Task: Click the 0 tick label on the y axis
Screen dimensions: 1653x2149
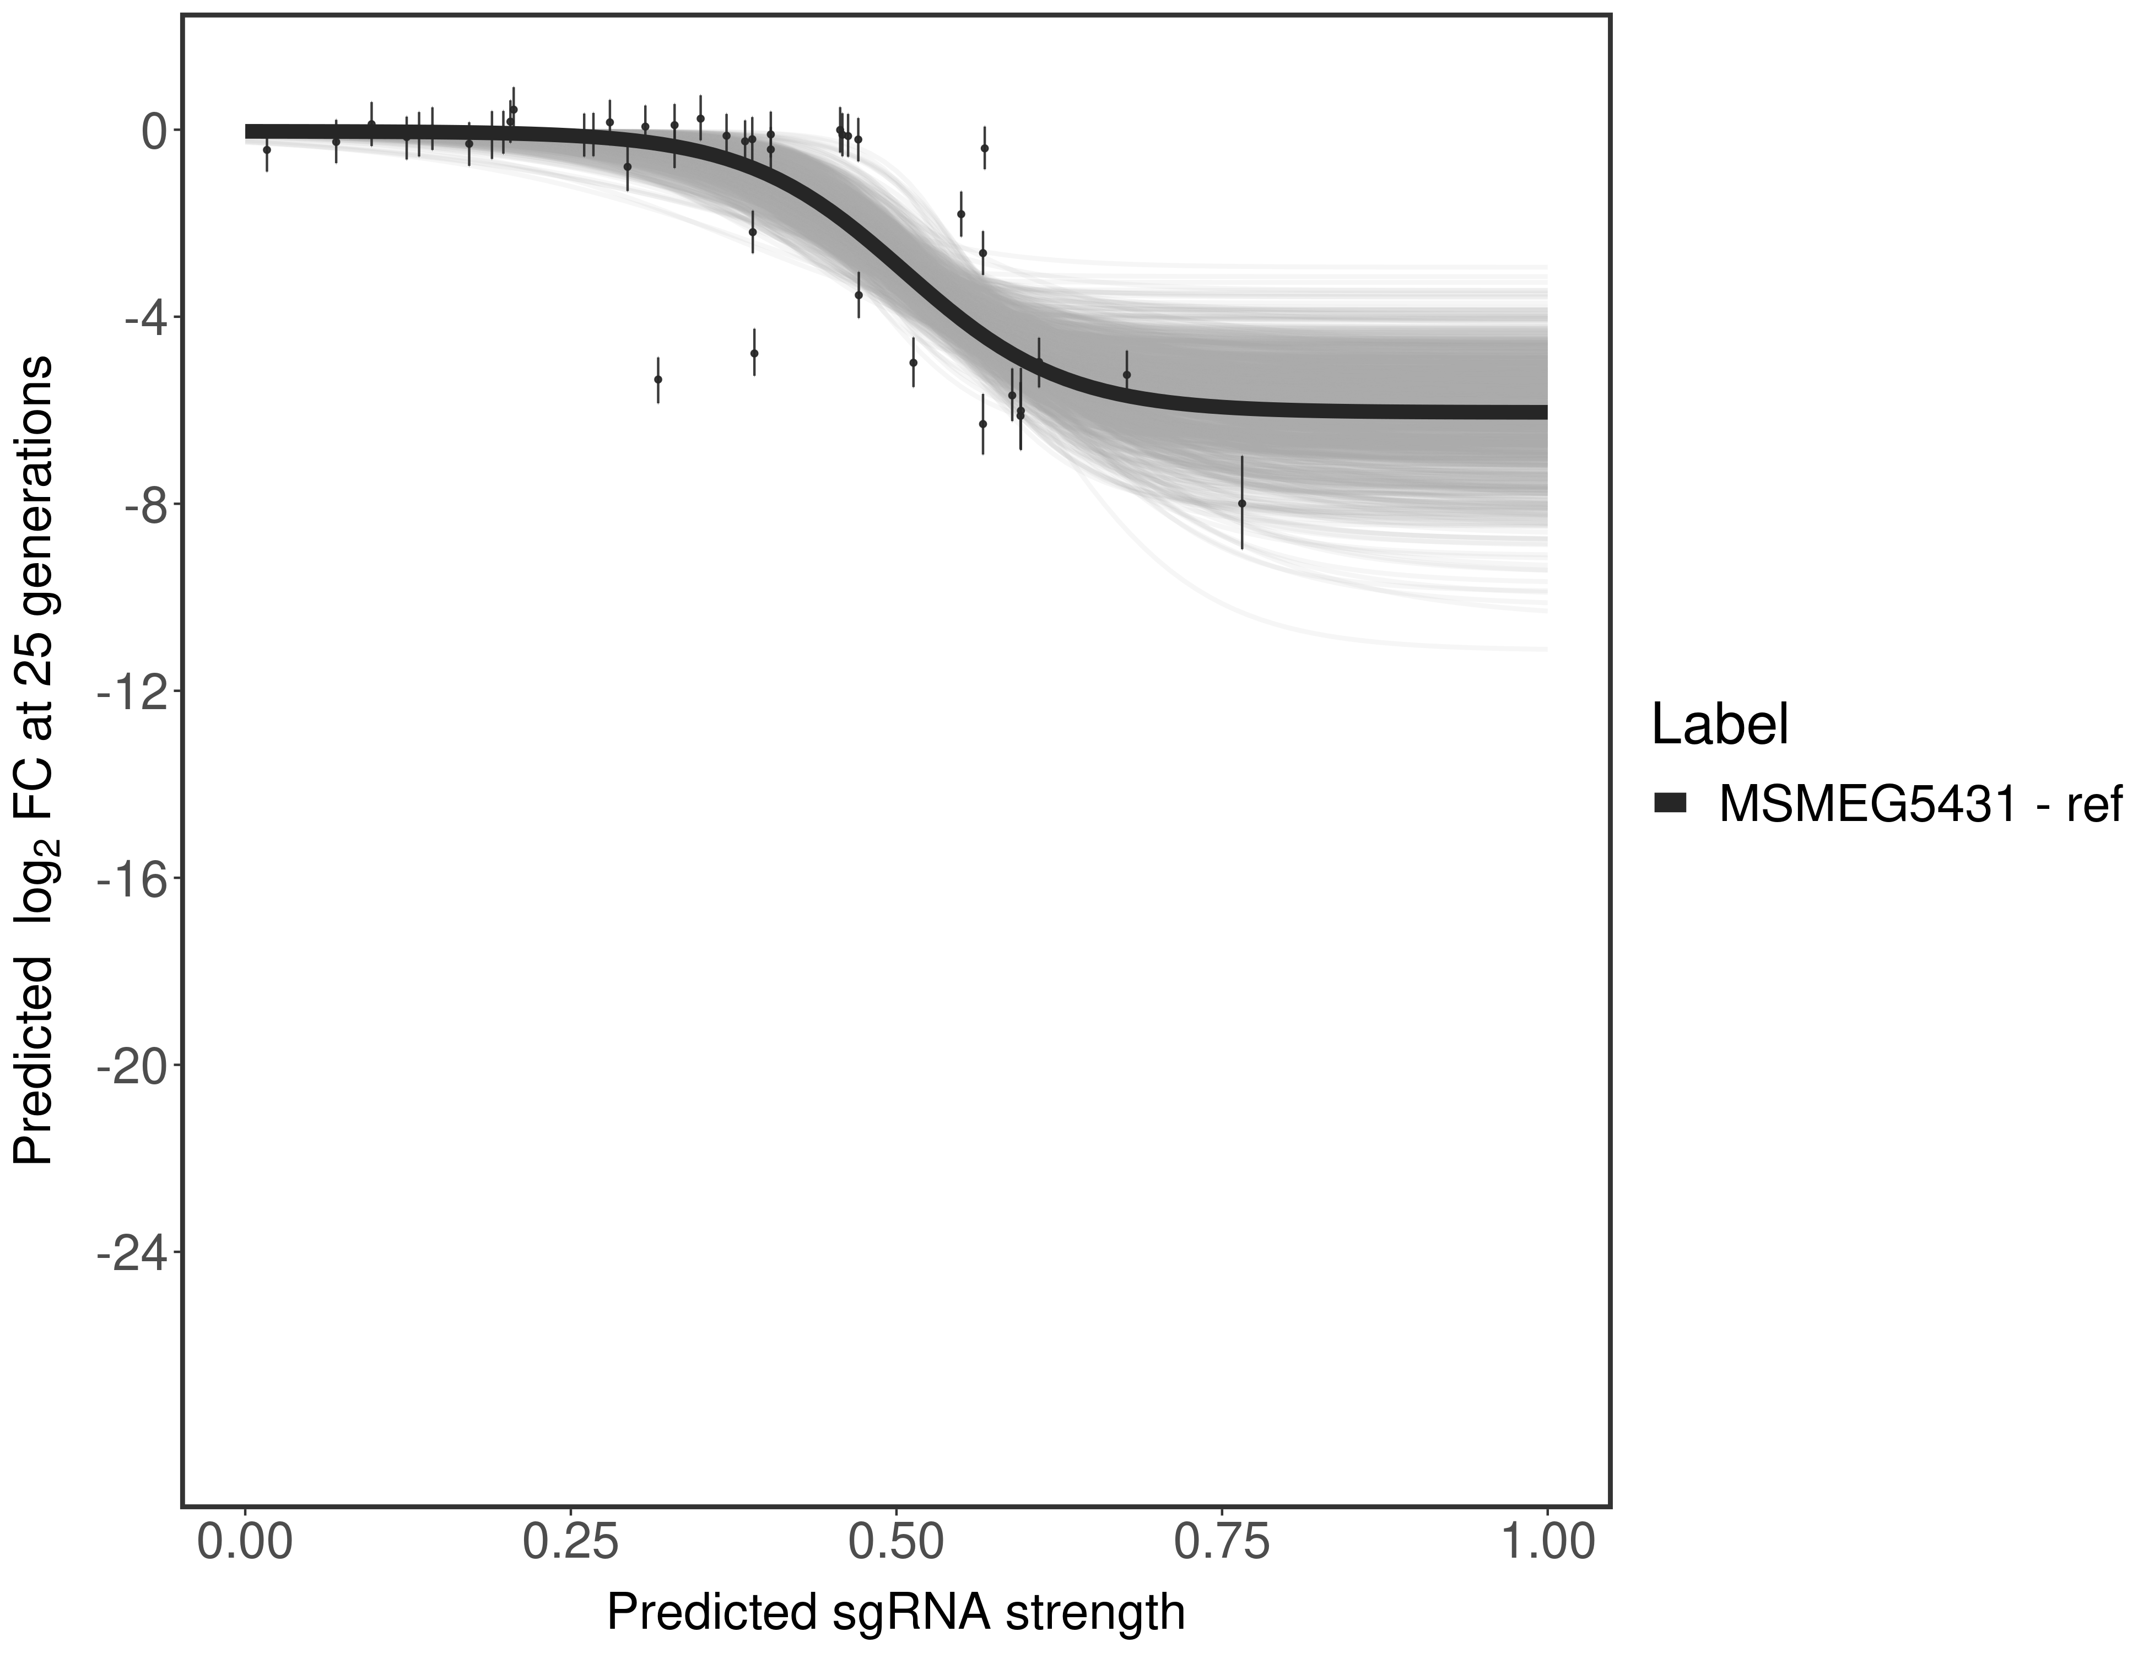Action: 154,132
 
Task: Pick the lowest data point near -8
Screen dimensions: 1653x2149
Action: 1242,503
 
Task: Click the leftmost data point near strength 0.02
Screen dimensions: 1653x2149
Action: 267,149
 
